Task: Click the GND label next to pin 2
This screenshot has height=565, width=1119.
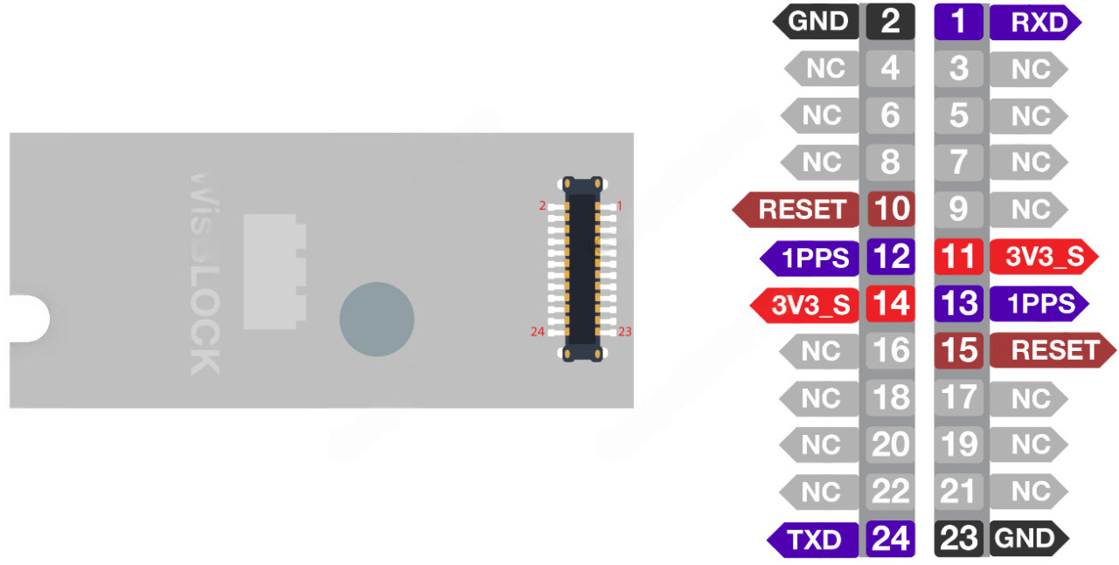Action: tap(817, 22)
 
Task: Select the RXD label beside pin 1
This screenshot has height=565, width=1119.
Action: tap(1037, 22)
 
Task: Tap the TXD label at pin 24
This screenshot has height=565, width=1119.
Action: tap(813, 539)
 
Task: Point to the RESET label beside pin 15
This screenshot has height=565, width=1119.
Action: tap(1053, 350)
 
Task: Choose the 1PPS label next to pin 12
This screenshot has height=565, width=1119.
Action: tap(814, 257)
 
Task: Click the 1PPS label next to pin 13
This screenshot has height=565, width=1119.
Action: tap(1039, 304)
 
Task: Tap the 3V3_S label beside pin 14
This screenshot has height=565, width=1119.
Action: tap(809, 304)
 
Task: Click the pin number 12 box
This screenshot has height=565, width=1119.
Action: tap(891, 257)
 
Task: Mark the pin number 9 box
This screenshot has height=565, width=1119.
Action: tap(959, 210)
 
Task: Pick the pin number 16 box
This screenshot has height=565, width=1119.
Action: tap(891, 350)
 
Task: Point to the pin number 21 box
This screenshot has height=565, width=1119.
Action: tap(959, 492)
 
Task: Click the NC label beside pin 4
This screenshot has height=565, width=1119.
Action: tap(823, 68)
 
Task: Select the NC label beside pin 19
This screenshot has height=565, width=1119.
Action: tap(1028, 444)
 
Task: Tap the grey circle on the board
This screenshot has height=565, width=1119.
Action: tap(377, 319)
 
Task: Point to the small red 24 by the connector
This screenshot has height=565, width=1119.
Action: tap(537, 331)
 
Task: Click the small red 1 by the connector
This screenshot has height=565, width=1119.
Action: tap(619, 206)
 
